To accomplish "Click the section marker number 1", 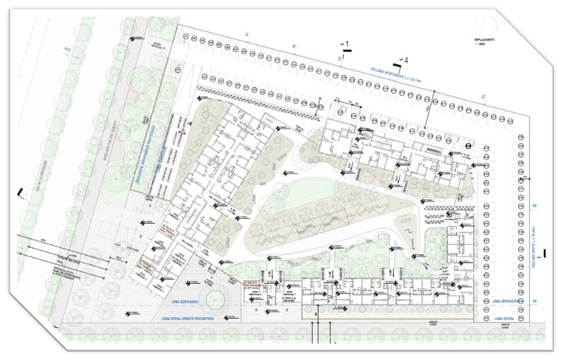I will coord(348,43).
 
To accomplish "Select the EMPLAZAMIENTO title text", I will coord(484,40).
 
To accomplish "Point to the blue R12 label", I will coord(68,50).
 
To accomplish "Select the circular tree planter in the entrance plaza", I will coord(218,301).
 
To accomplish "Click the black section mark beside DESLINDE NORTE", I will coord(546,253).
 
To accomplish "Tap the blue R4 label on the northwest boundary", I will coord(483,98).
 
